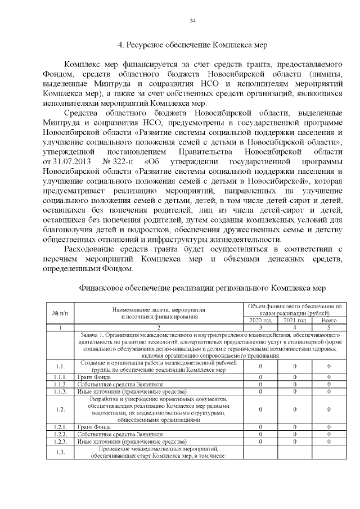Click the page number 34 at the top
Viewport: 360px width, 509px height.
tap(192, 21)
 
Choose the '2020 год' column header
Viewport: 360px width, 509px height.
tap(260, 320)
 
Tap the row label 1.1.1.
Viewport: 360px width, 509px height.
tap(60, 376)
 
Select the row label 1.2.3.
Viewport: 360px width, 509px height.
tap(60, 442)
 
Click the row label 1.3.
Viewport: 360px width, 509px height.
tap(60, 452)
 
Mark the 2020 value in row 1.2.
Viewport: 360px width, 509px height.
tap(260, 409)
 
